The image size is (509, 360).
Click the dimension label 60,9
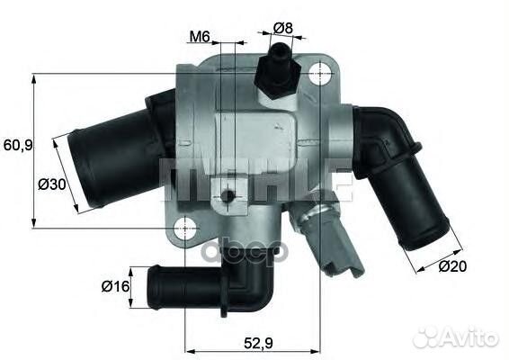point(17,145)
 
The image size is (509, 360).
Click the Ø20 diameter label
point(454,266)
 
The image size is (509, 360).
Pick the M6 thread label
point(200,38)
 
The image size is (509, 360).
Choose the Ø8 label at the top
point(283,28)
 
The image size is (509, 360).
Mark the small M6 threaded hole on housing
point(230,196)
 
